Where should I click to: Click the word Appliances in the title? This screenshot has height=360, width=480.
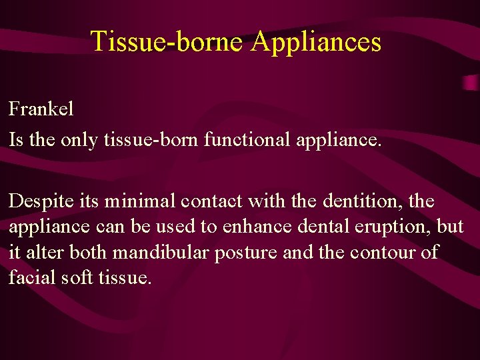[x=316, y=41]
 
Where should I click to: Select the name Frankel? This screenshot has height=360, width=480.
[x=41, y=109]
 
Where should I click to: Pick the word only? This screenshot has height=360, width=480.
[x=80, y=139]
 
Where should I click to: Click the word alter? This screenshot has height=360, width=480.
[x=43, y=251]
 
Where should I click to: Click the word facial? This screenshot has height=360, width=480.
[x=30, y=277]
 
